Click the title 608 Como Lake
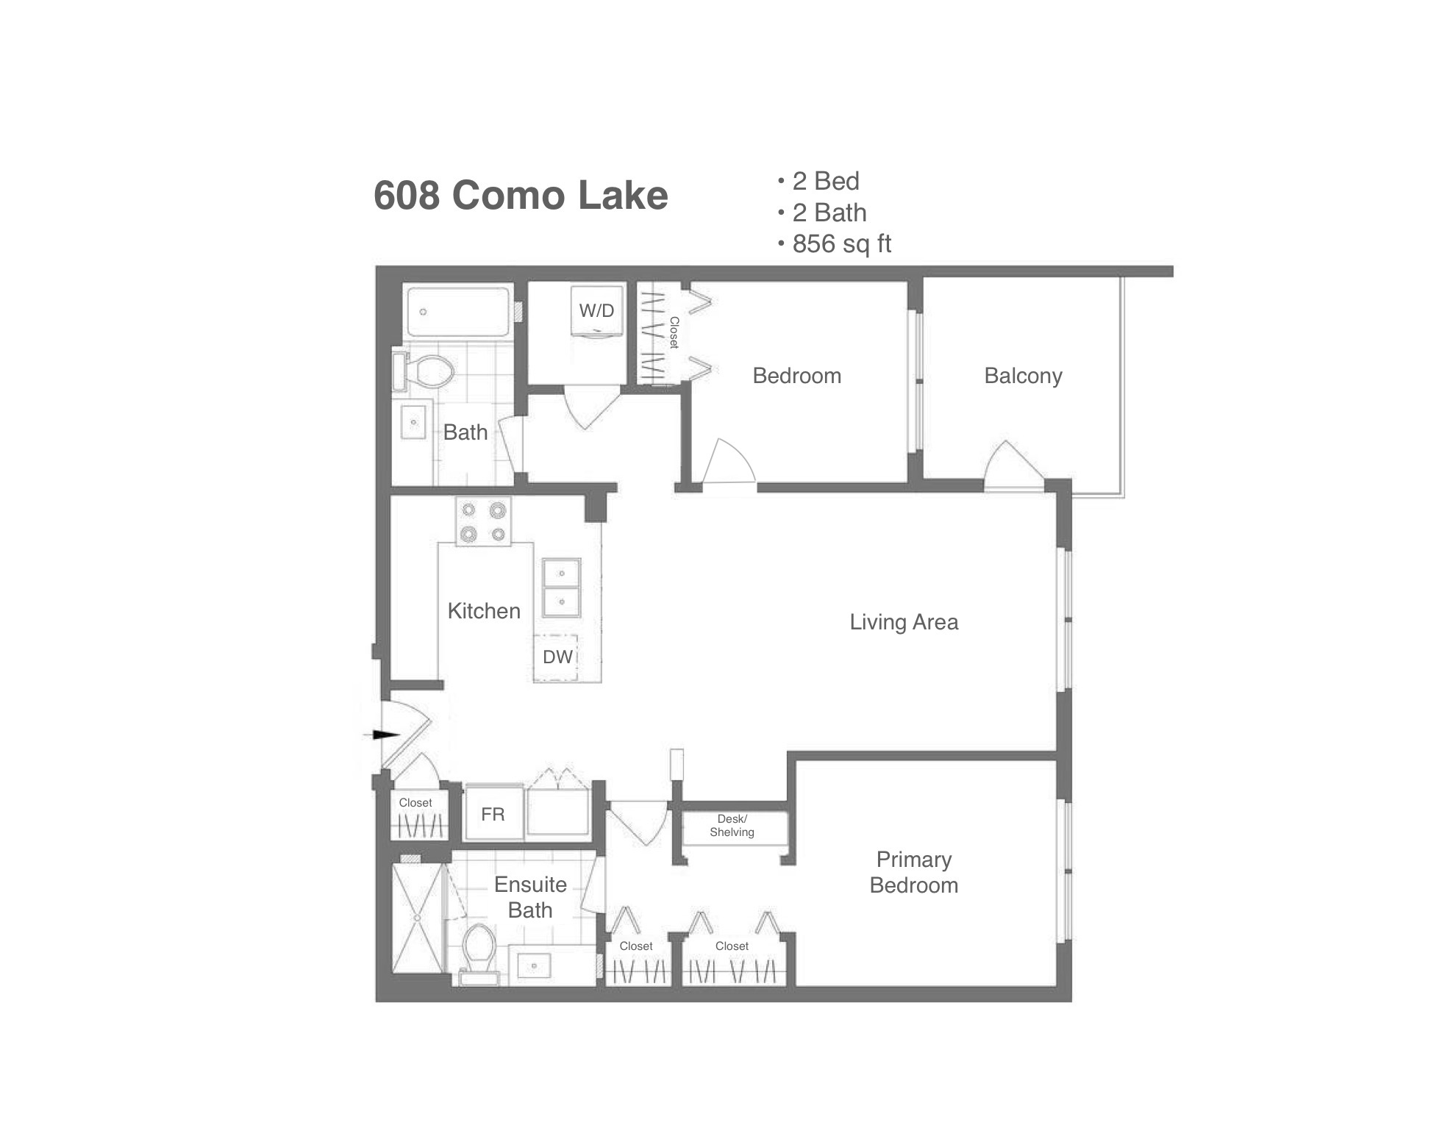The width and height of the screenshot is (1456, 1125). (x=521, y=195)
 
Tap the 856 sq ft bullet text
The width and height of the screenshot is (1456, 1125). (x=841, y=243)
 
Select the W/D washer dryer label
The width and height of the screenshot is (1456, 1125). (x=596, y=310)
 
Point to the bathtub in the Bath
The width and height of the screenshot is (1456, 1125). (x=458, y=312)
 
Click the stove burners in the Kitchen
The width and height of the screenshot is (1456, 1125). (x=483, y=521)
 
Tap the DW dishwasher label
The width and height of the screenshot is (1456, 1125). (x=557, y=657)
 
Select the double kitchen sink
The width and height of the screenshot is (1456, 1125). (x=561, y=587)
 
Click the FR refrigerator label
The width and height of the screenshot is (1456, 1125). (x=493, y=814)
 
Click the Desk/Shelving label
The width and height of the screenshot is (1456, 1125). (x=732, y=826)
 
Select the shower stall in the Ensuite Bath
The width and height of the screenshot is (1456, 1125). (x=417, y=918)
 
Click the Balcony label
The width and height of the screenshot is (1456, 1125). (x=1023, y=376)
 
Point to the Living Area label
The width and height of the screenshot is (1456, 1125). (x=904, y=622)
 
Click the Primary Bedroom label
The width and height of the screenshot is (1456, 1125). (x=913, y=872)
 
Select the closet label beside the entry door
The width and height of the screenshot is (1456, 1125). (x=415, y=803)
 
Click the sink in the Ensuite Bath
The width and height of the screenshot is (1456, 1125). (x=535, y=965)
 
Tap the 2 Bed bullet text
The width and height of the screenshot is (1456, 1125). (x=826, y=181)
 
